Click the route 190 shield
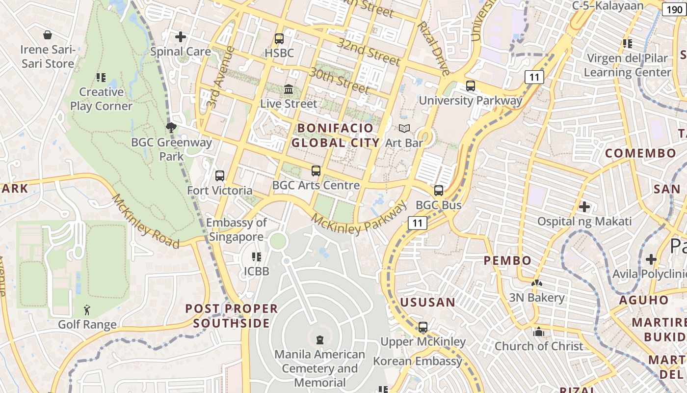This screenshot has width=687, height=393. (675, 9)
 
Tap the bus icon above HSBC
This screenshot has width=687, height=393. (279, 38)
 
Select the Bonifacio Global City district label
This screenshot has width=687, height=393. (336, 136)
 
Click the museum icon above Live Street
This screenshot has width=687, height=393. (289, 89)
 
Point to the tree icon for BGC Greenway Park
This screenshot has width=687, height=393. (171, 128)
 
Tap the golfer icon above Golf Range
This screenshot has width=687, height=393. (87, 310)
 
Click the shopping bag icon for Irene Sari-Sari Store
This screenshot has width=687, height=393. (48, 35)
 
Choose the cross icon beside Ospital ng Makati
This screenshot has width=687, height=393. (584, 207)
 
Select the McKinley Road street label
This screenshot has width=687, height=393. (145, 221)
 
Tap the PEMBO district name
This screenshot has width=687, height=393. (508, 260)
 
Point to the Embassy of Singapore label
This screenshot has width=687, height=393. (236, 229)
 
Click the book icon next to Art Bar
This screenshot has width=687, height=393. (404, 129)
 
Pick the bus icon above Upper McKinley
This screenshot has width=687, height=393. (423, 327)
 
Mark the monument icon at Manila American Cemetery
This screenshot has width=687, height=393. (320, 339)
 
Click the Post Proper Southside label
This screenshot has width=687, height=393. (231, 316)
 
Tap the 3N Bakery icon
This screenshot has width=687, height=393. (537, 283)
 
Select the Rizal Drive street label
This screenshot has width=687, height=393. (433, 48)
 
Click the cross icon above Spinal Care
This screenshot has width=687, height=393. (181, 37)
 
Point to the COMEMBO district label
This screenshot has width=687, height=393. (641, 153)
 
